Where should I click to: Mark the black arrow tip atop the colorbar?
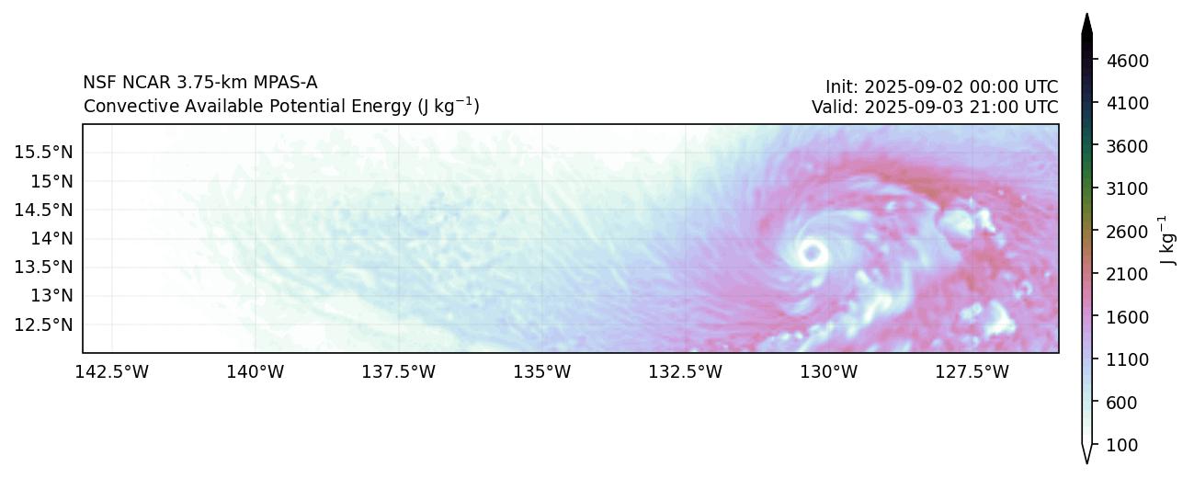pyautogui.click(x=1086, y=21)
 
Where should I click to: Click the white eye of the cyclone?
pyautogui.click(x=812, y=252)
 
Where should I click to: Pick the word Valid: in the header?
pyautogui.click(x=836, y=107)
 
